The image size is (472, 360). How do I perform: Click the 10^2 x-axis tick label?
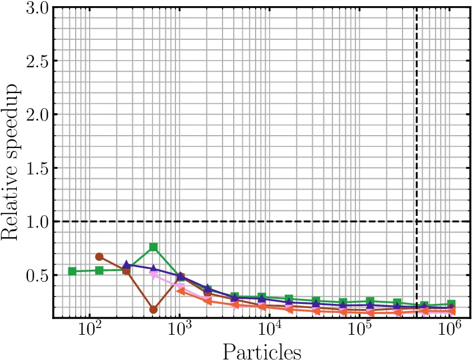click(x=89, y=332)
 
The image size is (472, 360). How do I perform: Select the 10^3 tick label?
click(x=179, y=332)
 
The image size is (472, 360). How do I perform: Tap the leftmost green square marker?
click(x=72, y=271)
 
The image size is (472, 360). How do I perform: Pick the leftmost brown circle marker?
click(x=99, y=257)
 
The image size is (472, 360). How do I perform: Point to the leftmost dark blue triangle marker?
click(x=127, y=265)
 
